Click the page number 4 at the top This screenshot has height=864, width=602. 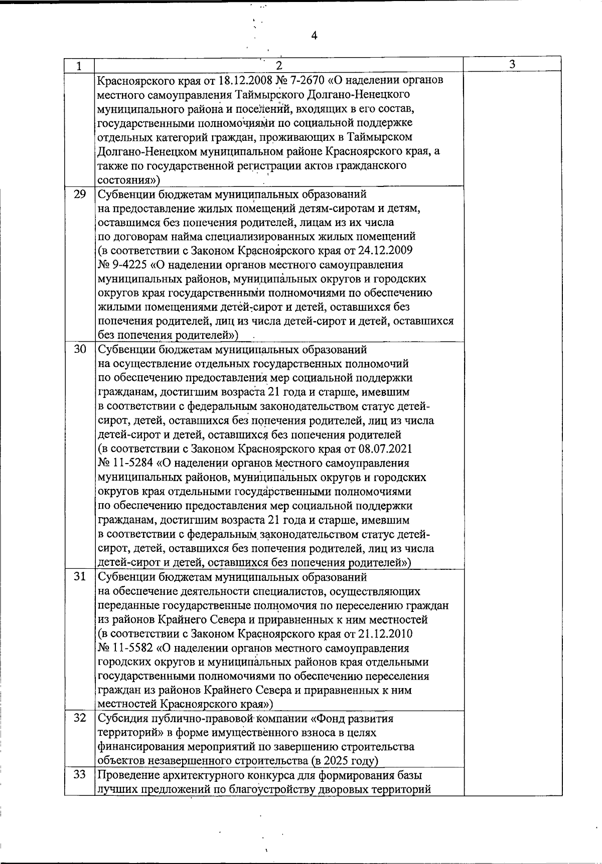[314, 36]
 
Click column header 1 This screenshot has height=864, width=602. [79, 66]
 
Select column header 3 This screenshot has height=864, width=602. [512, 64]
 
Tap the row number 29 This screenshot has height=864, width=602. [80, 194]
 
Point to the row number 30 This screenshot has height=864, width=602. [80, 349]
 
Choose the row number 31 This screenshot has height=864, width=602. [80, 577]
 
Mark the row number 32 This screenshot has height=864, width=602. [80, 718]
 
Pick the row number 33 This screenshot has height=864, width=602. [80, 775]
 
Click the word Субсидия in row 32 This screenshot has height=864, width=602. [122, 719]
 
